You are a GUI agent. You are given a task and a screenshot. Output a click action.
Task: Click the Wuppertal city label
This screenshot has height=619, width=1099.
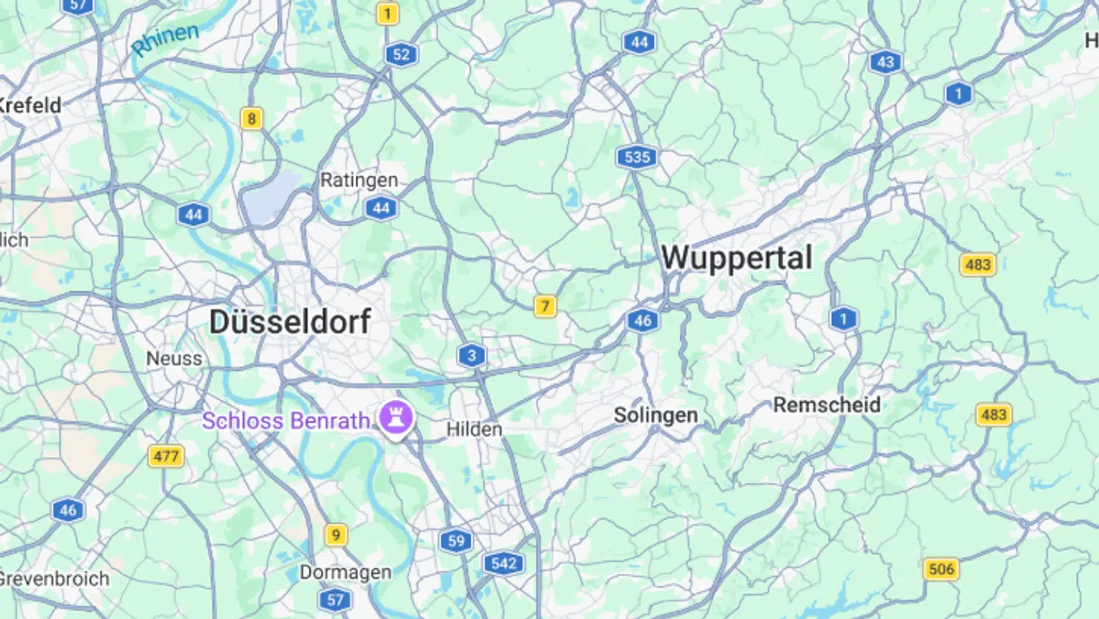click(736, 258)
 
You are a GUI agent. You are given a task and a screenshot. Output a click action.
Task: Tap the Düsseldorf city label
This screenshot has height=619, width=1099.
click(290, 321)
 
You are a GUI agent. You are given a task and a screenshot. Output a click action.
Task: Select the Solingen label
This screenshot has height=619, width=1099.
click(656, 415)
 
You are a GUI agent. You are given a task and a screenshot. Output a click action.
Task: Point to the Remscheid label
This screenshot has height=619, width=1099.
click(827, 405)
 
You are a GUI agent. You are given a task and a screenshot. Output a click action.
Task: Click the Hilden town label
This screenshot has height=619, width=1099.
click(474, 429)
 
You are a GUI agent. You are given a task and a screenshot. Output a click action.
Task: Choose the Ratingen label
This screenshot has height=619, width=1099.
click(359, 180)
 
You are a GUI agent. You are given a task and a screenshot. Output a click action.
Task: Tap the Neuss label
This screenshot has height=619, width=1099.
click(174, 358)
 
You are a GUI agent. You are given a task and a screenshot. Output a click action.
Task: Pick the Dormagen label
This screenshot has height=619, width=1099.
click(345, 572)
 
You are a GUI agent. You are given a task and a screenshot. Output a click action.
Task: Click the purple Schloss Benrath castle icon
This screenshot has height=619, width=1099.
click(396, 418)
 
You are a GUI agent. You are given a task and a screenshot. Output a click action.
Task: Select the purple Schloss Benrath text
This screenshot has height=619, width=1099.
click(285, 421)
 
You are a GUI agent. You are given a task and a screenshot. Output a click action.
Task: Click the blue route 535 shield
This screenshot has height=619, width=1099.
click(637, 158)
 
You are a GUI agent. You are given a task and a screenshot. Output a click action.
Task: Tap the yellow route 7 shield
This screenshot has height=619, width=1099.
click(544, 307)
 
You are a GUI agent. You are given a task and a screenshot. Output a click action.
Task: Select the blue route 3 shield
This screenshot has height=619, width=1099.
click(472, 355)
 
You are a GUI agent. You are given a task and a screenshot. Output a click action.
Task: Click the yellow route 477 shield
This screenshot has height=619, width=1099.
click(166, 456)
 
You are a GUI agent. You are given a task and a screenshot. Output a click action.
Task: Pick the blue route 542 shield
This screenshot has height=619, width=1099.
click(504, 564)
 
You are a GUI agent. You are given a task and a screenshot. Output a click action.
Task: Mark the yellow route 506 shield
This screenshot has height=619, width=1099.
click(941, 569)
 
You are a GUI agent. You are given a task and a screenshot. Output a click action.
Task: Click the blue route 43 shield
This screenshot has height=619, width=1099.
click(885, 63)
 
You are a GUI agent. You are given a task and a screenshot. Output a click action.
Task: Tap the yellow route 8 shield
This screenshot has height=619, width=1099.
click(251, 119)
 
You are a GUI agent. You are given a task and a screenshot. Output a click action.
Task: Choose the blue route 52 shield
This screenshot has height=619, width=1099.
click(401, 54)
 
